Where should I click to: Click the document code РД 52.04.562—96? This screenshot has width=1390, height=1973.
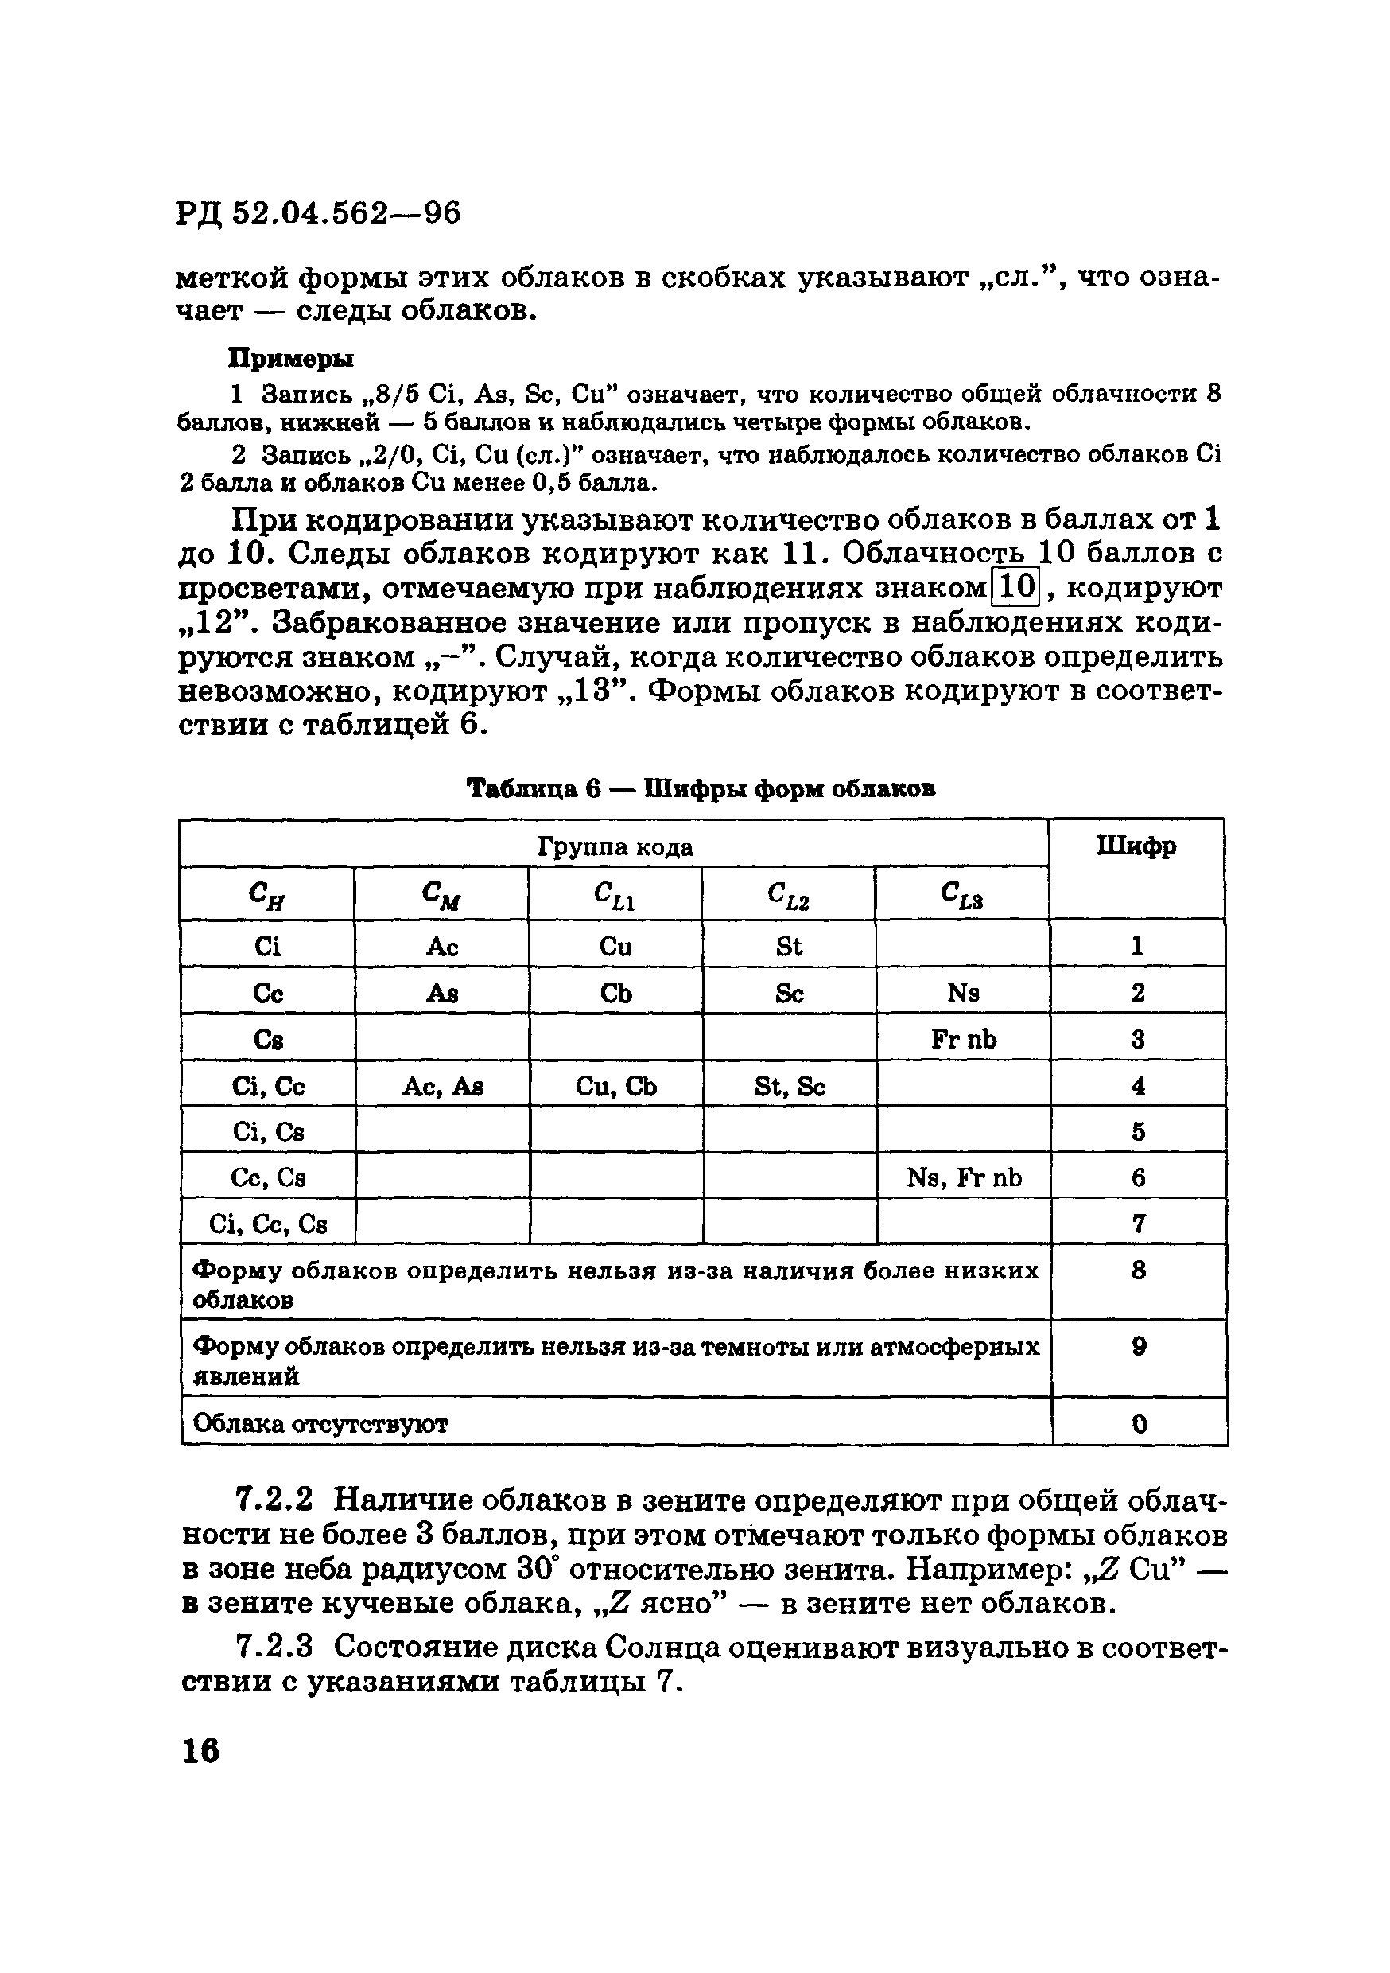pos(319,212)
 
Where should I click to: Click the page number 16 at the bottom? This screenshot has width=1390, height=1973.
pos(201,1750)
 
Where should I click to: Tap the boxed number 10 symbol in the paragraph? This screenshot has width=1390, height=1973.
pos(1016,588)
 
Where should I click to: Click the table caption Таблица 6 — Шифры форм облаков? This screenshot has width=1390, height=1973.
pos(700,788)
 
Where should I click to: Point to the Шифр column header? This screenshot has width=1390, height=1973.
pos(1136,846)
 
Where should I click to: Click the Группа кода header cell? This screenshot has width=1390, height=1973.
pos(615,847)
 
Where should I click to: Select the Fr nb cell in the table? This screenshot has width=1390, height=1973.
pos(964,1040)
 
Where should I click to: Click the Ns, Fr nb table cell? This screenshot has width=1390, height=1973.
pos(964,1177)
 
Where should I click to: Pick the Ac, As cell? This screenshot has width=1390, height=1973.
pos(442,1087)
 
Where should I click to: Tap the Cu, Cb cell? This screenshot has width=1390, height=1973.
pos(616,1087)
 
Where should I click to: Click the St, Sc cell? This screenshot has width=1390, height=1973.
pos(790,1087)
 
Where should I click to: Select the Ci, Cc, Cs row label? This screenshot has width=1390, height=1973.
pos(268,1223)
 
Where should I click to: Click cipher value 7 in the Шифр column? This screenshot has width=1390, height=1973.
pos(1138,1223)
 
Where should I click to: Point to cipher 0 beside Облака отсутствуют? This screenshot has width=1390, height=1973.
pos(1140,1424)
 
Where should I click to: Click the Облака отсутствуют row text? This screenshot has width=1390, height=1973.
pos(320,1424)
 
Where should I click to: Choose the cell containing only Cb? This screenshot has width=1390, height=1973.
pos(616,994)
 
